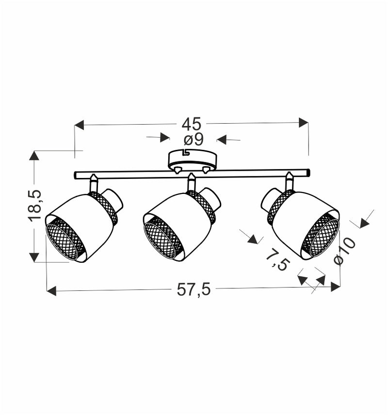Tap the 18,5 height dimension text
34,206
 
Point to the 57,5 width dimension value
193,290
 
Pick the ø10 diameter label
345,251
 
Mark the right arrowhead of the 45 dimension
304,122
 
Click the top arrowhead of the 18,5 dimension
34,156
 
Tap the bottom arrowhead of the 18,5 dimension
34,257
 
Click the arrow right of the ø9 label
222,140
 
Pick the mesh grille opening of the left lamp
65,240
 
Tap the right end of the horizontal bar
307,172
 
